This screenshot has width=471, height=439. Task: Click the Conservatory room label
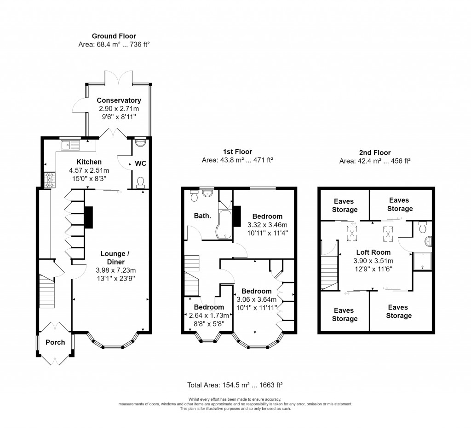[119, 100]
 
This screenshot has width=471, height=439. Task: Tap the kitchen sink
[70, 145]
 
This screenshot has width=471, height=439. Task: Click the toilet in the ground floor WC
[140, 183]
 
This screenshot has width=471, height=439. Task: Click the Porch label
[55, 342]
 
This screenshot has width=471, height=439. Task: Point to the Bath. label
[202, 215]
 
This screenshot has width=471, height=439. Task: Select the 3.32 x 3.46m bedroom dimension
[264, 225]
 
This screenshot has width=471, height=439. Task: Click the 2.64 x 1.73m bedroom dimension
[209, 316]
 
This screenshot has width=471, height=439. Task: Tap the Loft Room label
[373, 252]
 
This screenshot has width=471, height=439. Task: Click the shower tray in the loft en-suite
[422, 262]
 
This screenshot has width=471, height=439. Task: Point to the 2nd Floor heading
[374, 152]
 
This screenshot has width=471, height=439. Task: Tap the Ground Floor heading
[114, 36]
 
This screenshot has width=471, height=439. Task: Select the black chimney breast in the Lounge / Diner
[89, 217]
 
